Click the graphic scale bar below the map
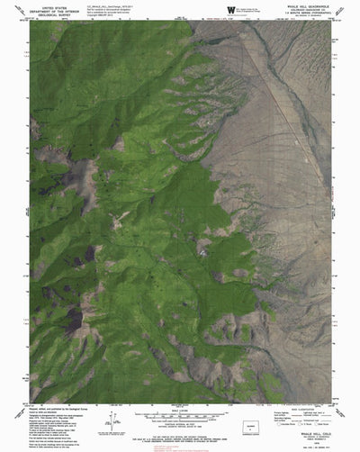(180, 420)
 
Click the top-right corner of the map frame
(330, 22)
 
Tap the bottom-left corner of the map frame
(30, 402)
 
